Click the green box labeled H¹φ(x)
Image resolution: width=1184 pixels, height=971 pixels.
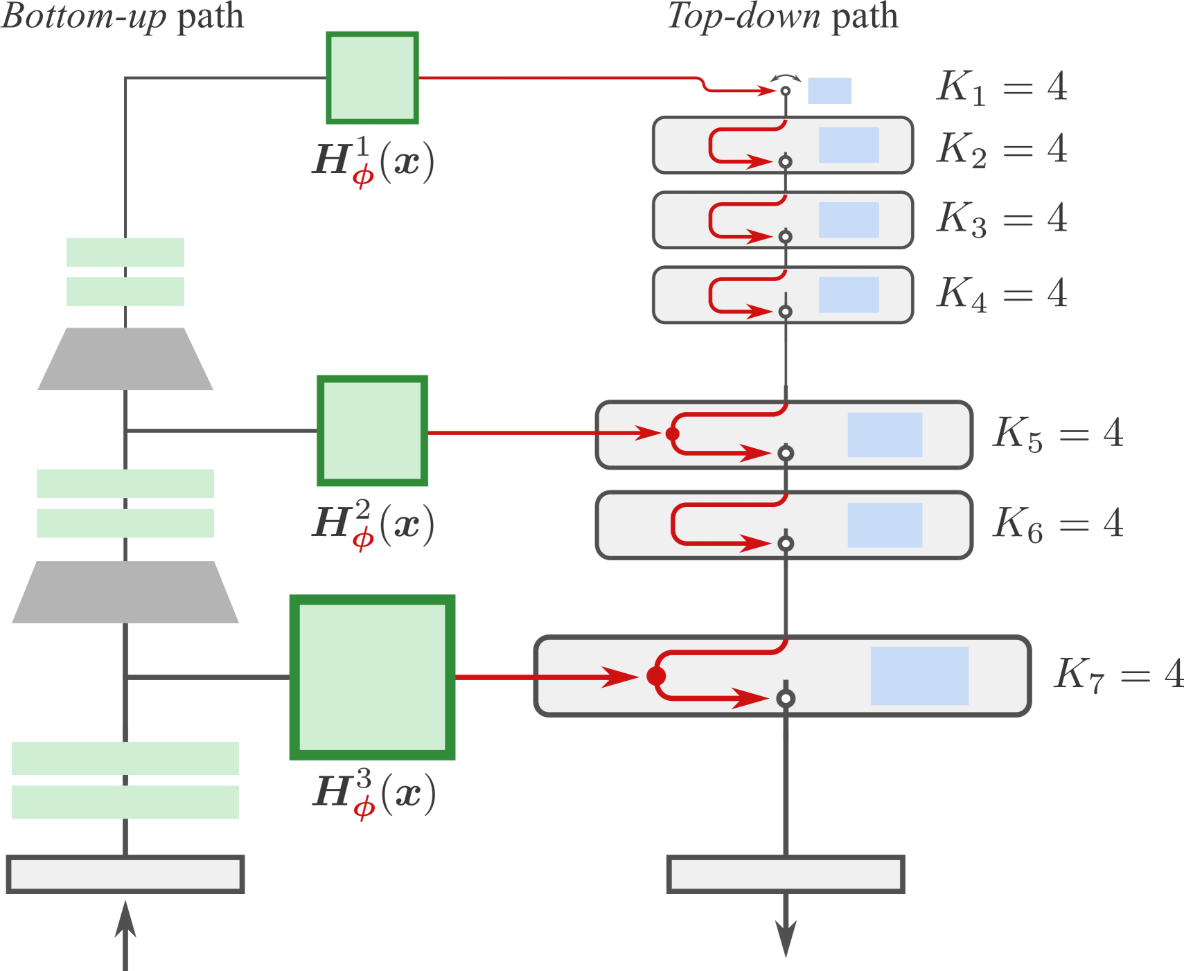[x=372, y=78]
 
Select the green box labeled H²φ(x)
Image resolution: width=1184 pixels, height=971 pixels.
[x=372, y=431]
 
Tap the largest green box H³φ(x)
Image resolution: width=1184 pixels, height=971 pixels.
[x=372, y=677]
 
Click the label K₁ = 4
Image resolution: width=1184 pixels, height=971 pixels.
[x=1001, y=87]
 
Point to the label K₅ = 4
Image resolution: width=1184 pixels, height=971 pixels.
[x=1057, y=434]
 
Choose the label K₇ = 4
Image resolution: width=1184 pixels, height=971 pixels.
[x=1117, y=674]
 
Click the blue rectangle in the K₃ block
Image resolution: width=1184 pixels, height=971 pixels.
[x=848, y=220]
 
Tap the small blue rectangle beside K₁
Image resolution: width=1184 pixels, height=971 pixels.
[x=829, y=91]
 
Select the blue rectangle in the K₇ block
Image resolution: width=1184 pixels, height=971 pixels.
[x=919, y=676]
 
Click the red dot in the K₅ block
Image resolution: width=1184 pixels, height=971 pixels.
[x=672, y=434]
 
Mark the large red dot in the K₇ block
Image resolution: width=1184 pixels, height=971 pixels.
[x=656, y=676]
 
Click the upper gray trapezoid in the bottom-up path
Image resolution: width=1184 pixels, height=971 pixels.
[x=125, y=359]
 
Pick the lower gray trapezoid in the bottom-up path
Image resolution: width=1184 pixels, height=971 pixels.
[x=125, y=592]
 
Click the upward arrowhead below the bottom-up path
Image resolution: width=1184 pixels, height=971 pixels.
[x=125, y=918]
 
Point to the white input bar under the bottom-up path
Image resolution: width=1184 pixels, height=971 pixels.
[x=125, y=875]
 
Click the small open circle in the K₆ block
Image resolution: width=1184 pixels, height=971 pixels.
[x=785, y=544]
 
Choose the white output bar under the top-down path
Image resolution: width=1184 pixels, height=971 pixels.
[x=785, y=875]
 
